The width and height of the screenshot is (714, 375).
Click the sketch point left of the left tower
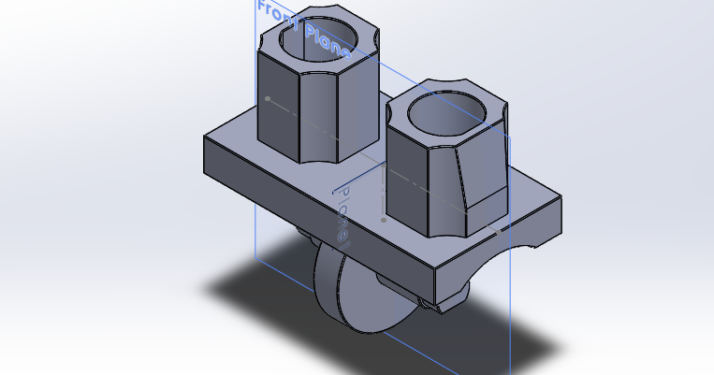(268, 97)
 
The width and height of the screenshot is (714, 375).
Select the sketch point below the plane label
(384, 221)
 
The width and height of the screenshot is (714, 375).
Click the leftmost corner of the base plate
(205, 137)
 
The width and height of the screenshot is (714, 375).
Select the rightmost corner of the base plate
(561, 198)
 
